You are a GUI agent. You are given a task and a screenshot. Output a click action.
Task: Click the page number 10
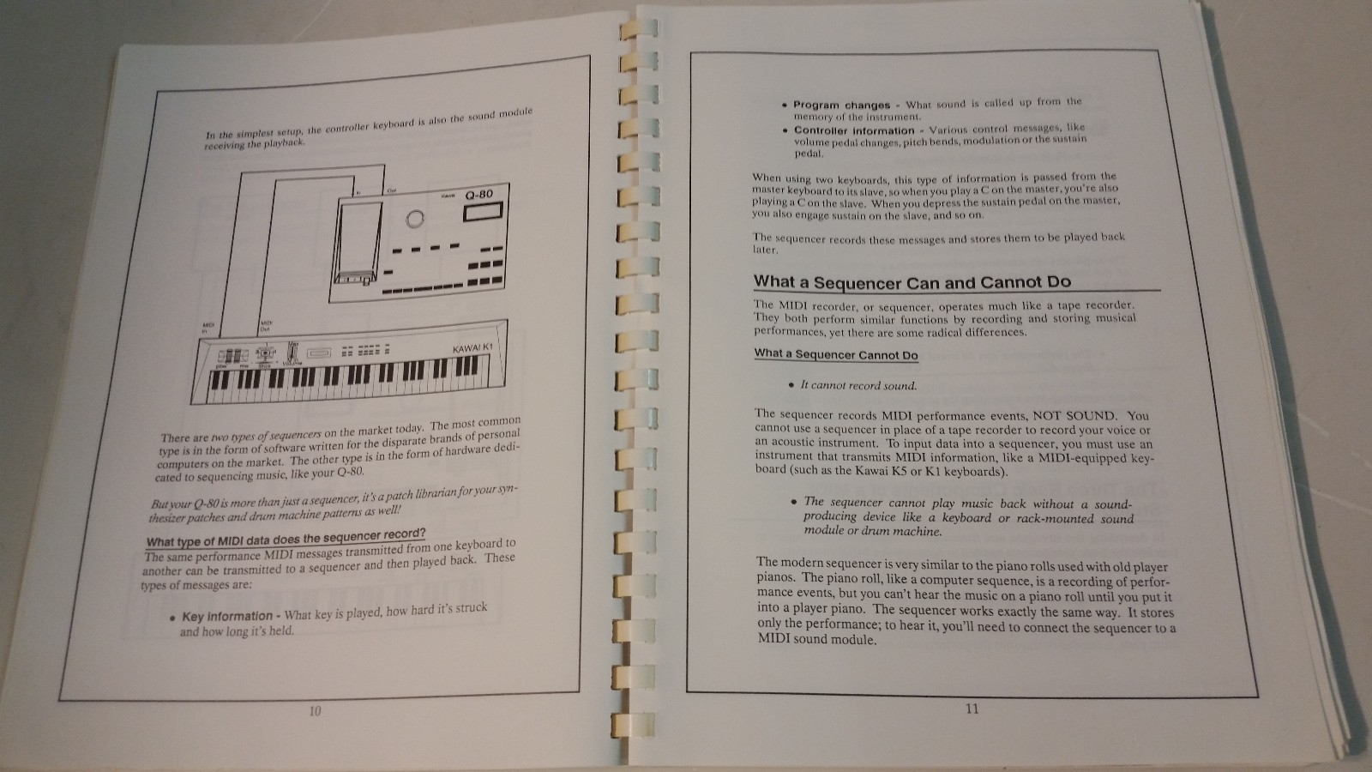315,711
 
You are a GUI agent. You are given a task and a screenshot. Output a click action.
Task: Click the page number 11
972,709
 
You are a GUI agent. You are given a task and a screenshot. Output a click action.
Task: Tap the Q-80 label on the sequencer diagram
478,196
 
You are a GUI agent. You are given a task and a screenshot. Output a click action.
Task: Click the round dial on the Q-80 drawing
415,219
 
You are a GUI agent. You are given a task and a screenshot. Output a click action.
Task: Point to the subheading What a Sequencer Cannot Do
835,354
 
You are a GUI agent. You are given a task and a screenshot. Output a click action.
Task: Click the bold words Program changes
841,105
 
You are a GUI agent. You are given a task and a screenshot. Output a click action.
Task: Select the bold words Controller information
854,131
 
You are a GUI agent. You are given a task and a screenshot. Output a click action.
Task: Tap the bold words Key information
227,617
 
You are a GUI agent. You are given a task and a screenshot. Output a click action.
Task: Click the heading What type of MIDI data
286,539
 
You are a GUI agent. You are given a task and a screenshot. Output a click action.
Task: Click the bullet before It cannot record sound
791,385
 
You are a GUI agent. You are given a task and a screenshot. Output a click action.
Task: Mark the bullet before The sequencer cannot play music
795,502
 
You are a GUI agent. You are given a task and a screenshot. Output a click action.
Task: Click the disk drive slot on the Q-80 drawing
353,276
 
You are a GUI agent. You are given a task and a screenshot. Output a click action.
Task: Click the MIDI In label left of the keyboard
207,328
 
